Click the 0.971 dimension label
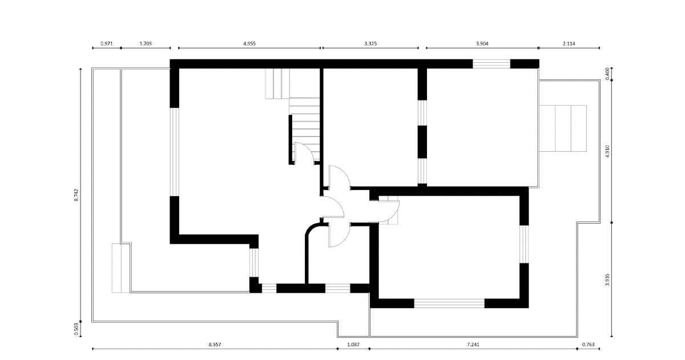(x=106, y=44)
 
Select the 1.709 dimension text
(x=146, y=44)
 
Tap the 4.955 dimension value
(x=249, y=44)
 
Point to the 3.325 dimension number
(x=370, y=44)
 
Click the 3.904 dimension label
(x=482, y=44)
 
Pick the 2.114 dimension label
(x=569, y=44)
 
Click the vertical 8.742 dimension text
(x=76, y=195)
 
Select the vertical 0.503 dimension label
(x=76, y=329)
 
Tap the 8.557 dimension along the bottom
(x=215, y=345)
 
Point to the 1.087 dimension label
(x=353, y=345)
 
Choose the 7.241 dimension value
(x=473, y=345)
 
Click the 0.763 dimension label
(x=589, y=345)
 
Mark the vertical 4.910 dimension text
(x=607, y=151)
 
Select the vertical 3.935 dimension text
(x=607, y=280)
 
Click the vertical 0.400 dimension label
(x=607, y=74)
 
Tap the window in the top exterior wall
(x=491, y=63)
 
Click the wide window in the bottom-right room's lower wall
(x=449, y=303)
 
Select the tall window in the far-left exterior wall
(x=174, y=152)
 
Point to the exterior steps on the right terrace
(x=563, y=128)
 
